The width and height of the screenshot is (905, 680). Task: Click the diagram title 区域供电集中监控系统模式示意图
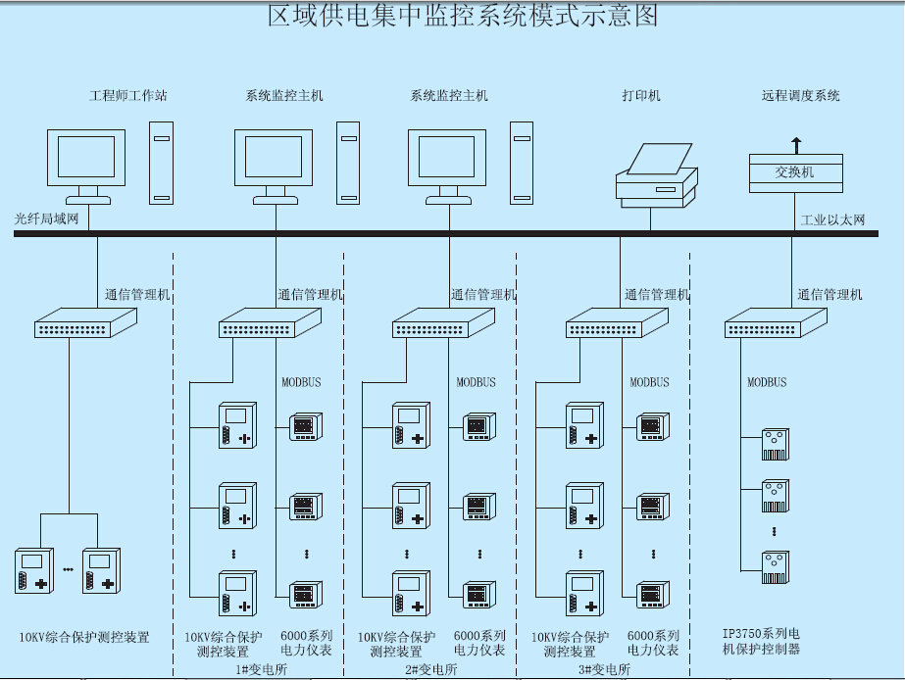click(x=463, y=17)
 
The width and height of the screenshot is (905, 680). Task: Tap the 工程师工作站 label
click(x=128, y=96)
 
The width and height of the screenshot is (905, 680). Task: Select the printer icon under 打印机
click(x=656, y=176)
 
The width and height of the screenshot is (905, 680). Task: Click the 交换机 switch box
click(x=795, y=172)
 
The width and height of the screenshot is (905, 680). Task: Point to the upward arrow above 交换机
click(x=796, y=144)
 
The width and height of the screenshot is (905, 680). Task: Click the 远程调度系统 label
click(x=801, y=96)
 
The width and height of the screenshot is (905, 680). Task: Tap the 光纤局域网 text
click(x=47, y=219)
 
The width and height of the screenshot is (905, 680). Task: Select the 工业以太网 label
click(x=833, y=219)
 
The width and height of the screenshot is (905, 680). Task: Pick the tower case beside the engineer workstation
click(x=162, y=163)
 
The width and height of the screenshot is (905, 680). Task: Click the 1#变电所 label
click(x=262, y=669)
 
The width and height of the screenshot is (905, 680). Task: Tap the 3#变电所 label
click(x=604, y=669)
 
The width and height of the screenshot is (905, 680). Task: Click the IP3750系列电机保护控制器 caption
click(x=762, y=641)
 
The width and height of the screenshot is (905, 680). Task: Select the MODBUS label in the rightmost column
click(x=767, y=382)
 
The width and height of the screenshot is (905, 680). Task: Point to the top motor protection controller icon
click(x=776, y=444)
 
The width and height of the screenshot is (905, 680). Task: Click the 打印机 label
click(x=641, y=96)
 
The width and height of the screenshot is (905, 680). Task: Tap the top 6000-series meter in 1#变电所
click(x=303, y=427)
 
